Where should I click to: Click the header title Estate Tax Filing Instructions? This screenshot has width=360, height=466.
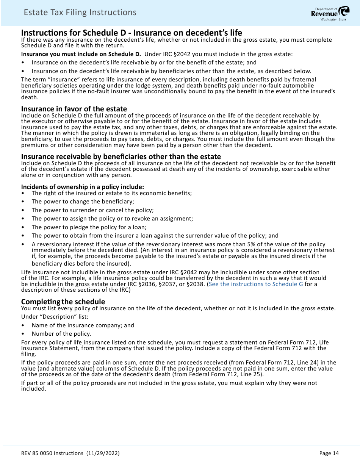tap(80, 13)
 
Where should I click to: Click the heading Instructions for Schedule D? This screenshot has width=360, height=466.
tap(131, 33)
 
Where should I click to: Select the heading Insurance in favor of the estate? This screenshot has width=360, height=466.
tap(74, 109)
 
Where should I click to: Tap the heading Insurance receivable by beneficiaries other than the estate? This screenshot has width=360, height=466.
tap(121, 156)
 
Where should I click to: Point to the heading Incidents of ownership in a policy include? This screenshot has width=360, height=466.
tap(82, 187)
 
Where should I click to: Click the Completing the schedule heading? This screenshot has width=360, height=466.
tap(63, 302)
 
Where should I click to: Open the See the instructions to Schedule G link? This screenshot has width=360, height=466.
tap(256, 284)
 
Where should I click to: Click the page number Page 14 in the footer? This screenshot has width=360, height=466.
tap(329, 453)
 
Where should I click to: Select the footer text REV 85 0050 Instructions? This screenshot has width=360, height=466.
tap(52, 453)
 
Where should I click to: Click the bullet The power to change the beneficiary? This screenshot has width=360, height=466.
tap(83, 202)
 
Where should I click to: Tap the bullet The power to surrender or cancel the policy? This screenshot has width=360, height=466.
tap(92, 210)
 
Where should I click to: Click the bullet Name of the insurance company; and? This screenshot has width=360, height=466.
tap(83, 325)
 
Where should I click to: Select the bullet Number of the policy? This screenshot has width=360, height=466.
tap(61, 334)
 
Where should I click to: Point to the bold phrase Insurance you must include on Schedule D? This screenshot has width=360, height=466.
tap(81, 54)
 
